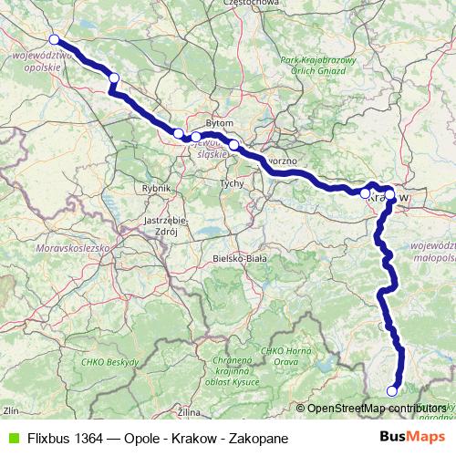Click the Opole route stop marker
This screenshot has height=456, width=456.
tap(54, 39)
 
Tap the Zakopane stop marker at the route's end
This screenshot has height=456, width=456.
tap(392, 391)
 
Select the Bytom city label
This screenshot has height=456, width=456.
tap(221, 122)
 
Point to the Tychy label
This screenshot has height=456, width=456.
tap(230, 183)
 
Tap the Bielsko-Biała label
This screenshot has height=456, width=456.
tap(239, 258)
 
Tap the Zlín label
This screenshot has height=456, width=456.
tap(11, 411)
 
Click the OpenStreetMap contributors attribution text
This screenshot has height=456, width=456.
tap(377, 409)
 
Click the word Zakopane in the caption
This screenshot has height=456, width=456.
tap(259, 438)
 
